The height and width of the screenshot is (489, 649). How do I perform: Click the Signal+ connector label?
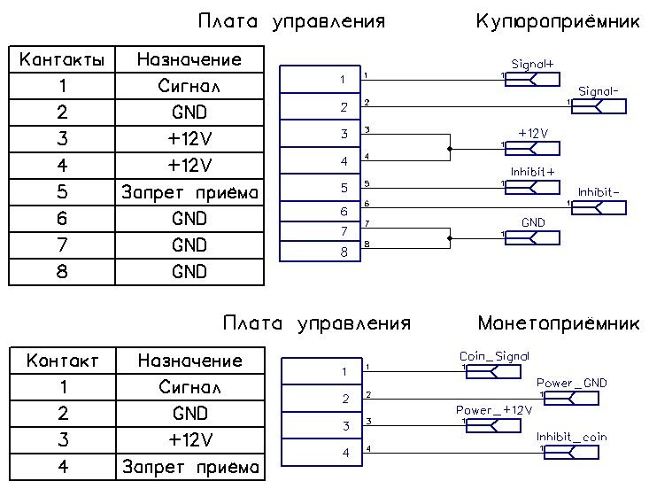coord(532,64)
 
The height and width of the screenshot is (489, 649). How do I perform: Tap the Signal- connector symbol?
coord(599,106)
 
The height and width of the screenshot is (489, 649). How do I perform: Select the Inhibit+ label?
coord(532,172)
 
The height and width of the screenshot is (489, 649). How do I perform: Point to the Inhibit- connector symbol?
coord(599,207)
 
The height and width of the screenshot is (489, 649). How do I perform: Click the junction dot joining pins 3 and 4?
coord(450,149)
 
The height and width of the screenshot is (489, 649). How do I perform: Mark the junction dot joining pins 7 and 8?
coord(450,238)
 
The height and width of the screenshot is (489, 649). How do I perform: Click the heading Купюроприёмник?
coord(558,21)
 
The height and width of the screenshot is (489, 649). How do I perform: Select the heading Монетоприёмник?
coord(559,323)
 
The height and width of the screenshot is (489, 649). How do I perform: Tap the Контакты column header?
coord(62,59)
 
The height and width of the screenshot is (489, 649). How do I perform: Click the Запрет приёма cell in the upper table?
coord(189,192)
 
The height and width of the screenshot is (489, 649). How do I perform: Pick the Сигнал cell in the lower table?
coord(190,387)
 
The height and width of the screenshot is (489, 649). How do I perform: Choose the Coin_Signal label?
coord(494,356)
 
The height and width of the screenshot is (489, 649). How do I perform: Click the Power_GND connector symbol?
coord(571,399)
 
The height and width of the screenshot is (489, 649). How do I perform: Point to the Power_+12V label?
coord(494,410)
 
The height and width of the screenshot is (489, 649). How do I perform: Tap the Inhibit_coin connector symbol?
coord(571,452)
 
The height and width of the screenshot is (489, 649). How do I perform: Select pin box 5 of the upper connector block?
coord(320,188)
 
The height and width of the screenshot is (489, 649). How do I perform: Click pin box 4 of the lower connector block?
coord(322,453)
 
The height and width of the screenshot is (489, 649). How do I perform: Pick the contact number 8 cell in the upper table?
coord(62,272)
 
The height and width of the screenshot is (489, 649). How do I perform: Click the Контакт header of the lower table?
coord(63,361)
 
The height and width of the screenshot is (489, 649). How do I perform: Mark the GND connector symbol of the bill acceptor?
coord(533,238)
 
